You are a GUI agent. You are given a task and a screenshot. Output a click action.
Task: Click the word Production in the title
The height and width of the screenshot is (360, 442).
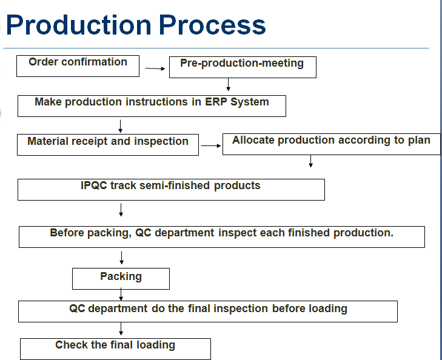79,25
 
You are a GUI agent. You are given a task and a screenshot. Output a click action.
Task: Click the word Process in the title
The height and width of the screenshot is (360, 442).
212,25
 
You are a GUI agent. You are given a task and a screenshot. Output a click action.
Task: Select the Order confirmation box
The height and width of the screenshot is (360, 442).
78,66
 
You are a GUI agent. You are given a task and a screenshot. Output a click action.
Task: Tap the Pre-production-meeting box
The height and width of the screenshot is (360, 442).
243,67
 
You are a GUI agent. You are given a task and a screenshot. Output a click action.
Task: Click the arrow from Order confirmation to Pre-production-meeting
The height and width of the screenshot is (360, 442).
155,68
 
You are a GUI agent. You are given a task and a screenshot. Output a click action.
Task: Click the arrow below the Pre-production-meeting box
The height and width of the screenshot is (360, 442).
228,84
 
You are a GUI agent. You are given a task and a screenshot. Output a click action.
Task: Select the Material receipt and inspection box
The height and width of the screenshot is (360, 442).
108,145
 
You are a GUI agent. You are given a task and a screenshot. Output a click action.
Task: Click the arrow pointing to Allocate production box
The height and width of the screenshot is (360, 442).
211,145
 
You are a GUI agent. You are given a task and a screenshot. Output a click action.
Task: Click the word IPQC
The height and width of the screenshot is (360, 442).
94,185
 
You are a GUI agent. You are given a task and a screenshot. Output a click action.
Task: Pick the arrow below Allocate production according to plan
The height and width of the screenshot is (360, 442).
310,161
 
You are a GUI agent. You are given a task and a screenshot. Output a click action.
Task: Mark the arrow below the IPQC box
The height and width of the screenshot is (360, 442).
121,210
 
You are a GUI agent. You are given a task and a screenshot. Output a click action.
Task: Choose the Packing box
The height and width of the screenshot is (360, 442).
121,279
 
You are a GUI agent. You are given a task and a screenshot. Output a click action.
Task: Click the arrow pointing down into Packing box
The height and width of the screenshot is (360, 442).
121,258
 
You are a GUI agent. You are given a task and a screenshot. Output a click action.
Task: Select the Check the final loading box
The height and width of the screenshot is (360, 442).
116,349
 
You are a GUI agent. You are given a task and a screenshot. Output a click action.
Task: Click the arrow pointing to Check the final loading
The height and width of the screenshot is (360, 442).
121,328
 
